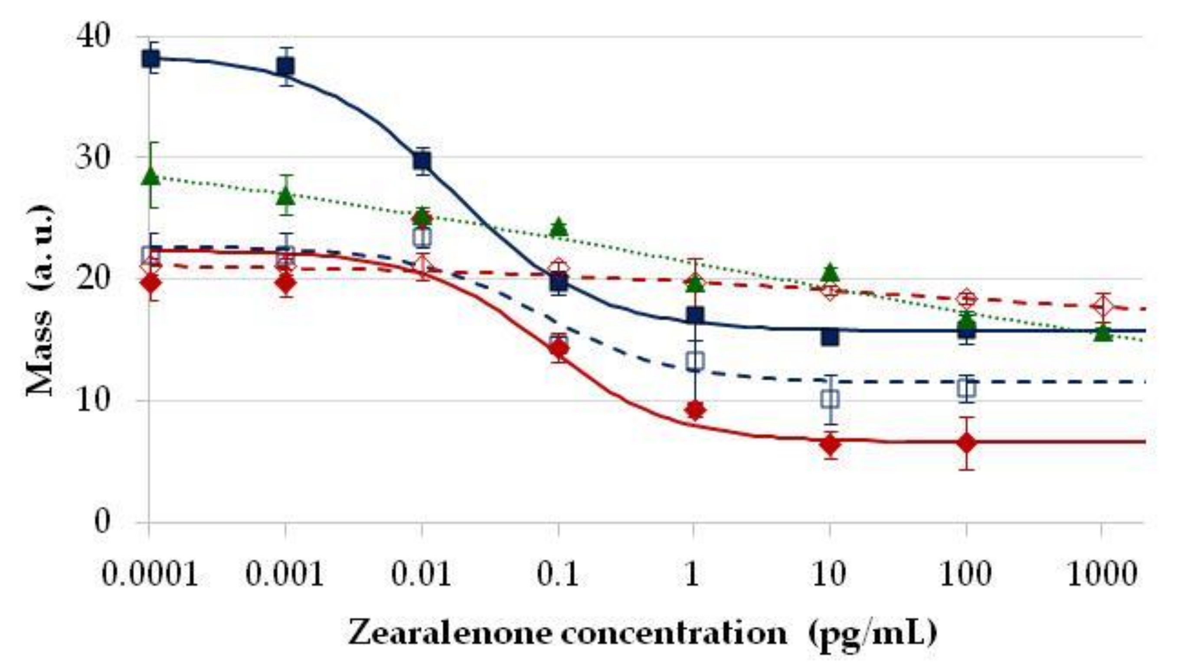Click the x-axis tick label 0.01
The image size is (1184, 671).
click(x=421, y=575)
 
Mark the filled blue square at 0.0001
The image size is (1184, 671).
click(x=151, y=59)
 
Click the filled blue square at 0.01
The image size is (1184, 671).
click(x=422, y=161)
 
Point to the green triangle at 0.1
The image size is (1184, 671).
click(x=559, y=226)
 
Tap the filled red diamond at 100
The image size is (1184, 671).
click(x=967, y=443)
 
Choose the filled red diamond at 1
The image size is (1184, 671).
click(x=695, y=409)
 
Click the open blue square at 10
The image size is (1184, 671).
click(x=830, y=399)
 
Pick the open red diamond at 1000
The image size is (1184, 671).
click(x=1102, y=306)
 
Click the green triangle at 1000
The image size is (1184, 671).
click(x=1103, y=333)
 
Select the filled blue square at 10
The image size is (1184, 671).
click(x=830, y=337)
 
